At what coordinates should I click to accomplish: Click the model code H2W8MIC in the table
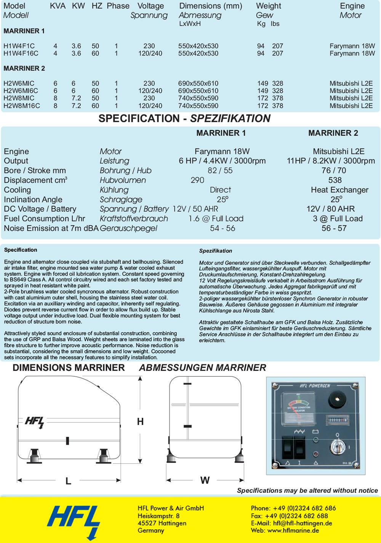tap(19, 98)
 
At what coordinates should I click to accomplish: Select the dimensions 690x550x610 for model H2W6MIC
tap(198, 83)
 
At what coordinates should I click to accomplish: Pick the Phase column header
tap(118, 6)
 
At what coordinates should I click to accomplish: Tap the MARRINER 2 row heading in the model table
tap(24, 69)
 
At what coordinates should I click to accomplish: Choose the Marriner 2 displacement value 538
tap(335, 180)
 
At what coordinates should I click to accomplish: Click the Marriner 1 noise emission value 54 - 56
tap(223, 228)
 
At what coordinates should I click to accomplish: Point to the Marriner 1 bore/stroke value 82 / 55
tap(220, 171)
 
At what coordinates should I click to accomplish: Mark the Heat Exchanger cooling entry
tap(339, 190)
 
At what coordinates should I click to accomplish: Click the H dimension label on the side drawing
tap(140, 422)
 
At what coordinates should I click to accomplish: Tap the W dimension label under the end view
tap(205, 481)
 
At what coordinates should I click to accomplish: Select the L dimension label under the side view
tap(69, 481)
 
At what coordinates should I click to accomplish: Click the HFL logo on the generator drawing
tap(35, 422)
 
